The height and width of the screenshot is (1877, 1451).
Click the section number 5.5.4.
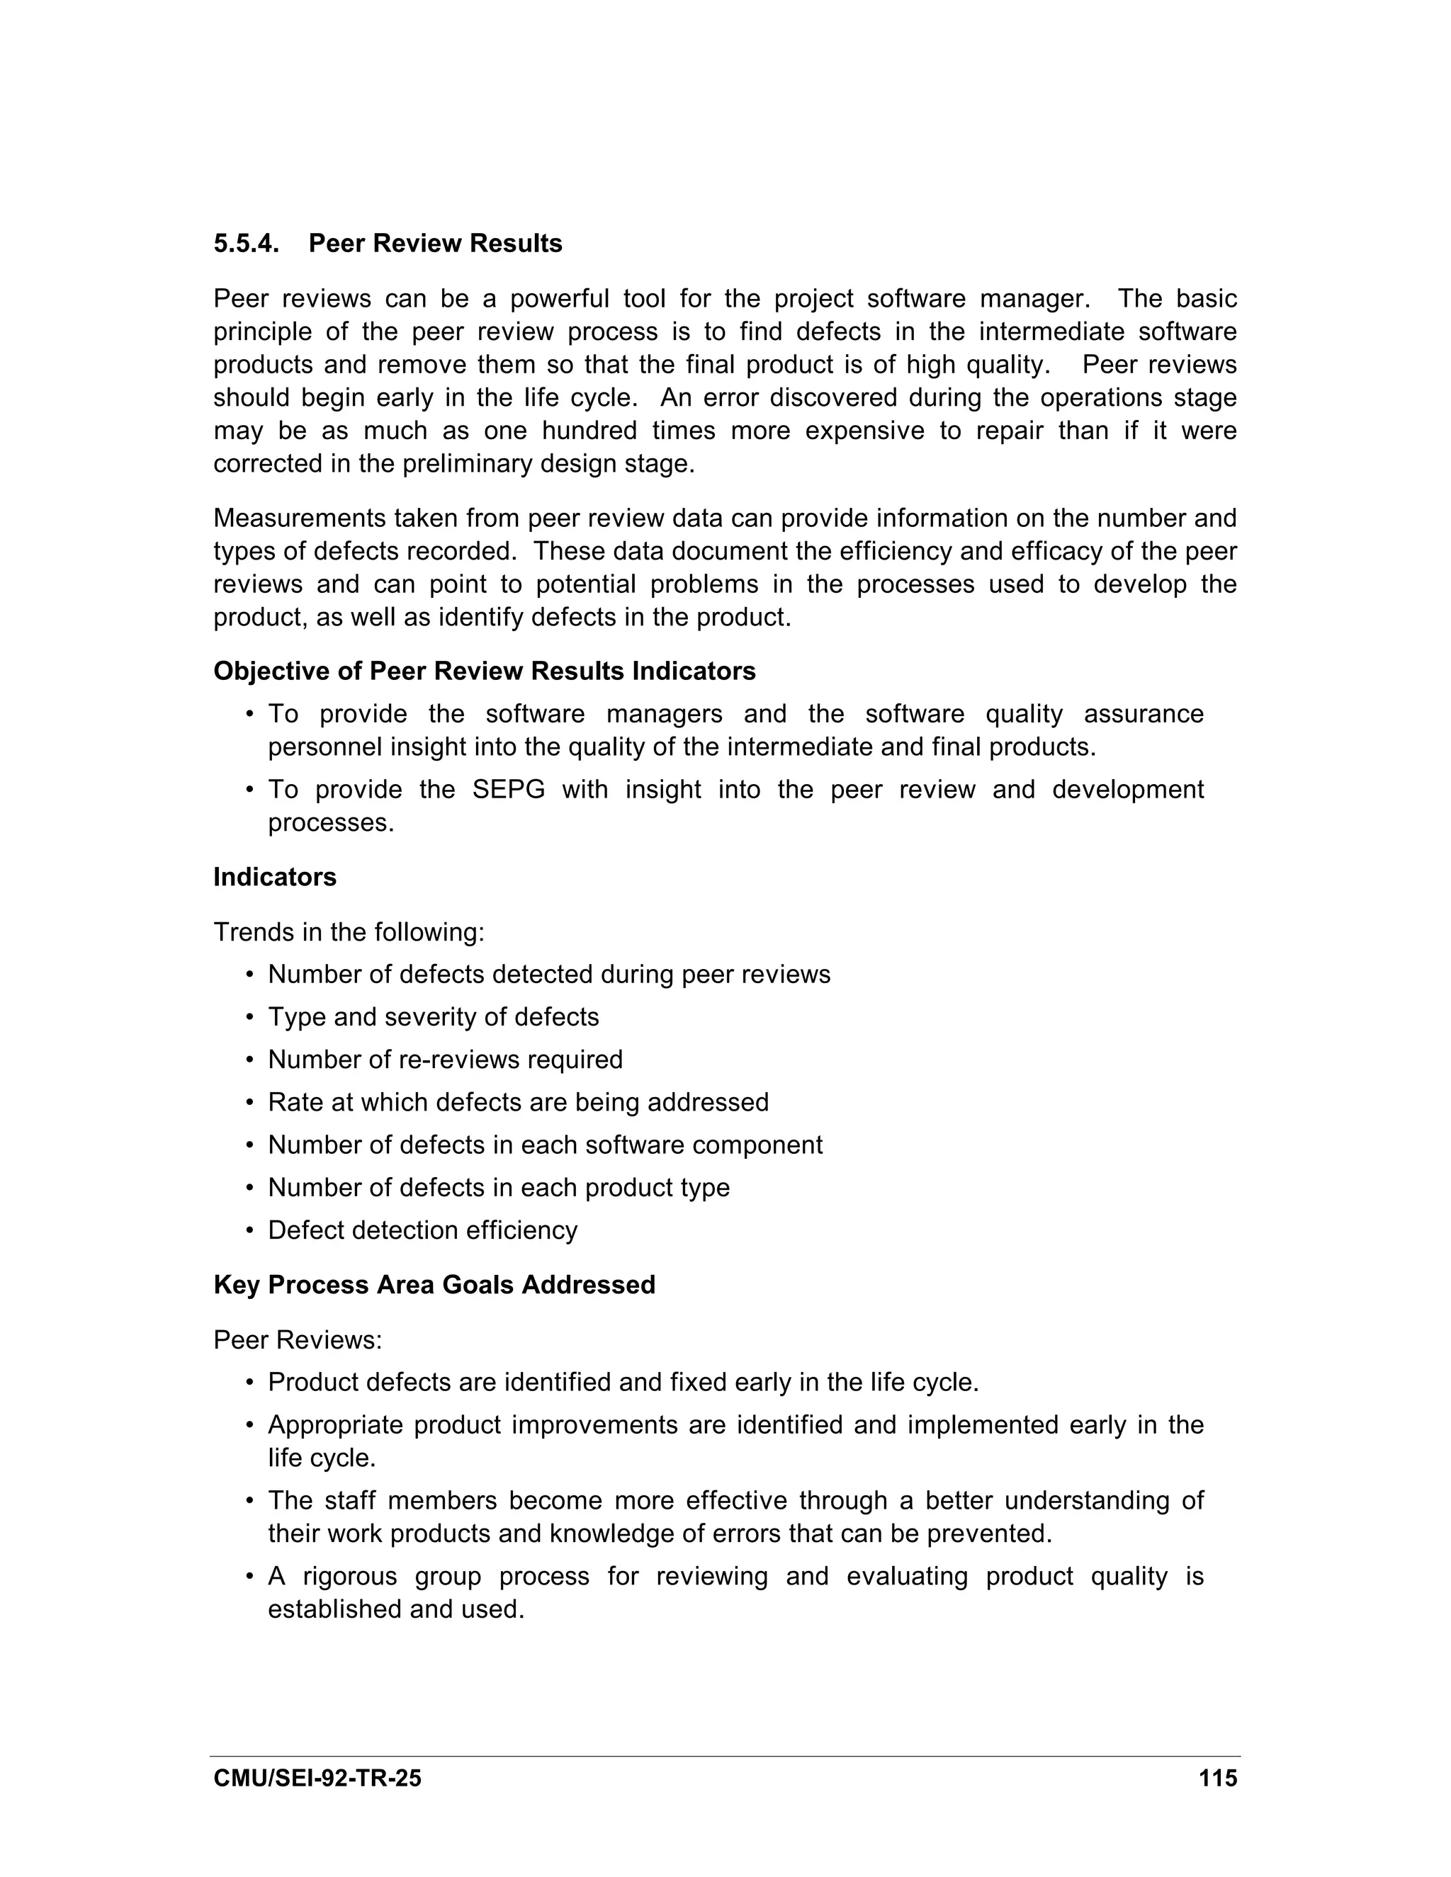point(246,244)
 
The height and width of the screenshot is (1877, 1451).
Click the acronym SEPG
point(509,790)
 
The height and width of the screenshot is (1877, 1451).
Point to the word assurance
point(1144,714)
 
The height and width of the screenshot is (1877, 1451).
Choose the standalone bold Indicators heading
point(275,878)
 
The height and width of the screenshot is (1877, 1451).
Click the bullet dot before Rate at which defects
point(250,1103)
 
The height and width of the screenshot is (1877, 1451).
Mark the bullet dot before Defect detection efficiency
point(250,1231)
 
